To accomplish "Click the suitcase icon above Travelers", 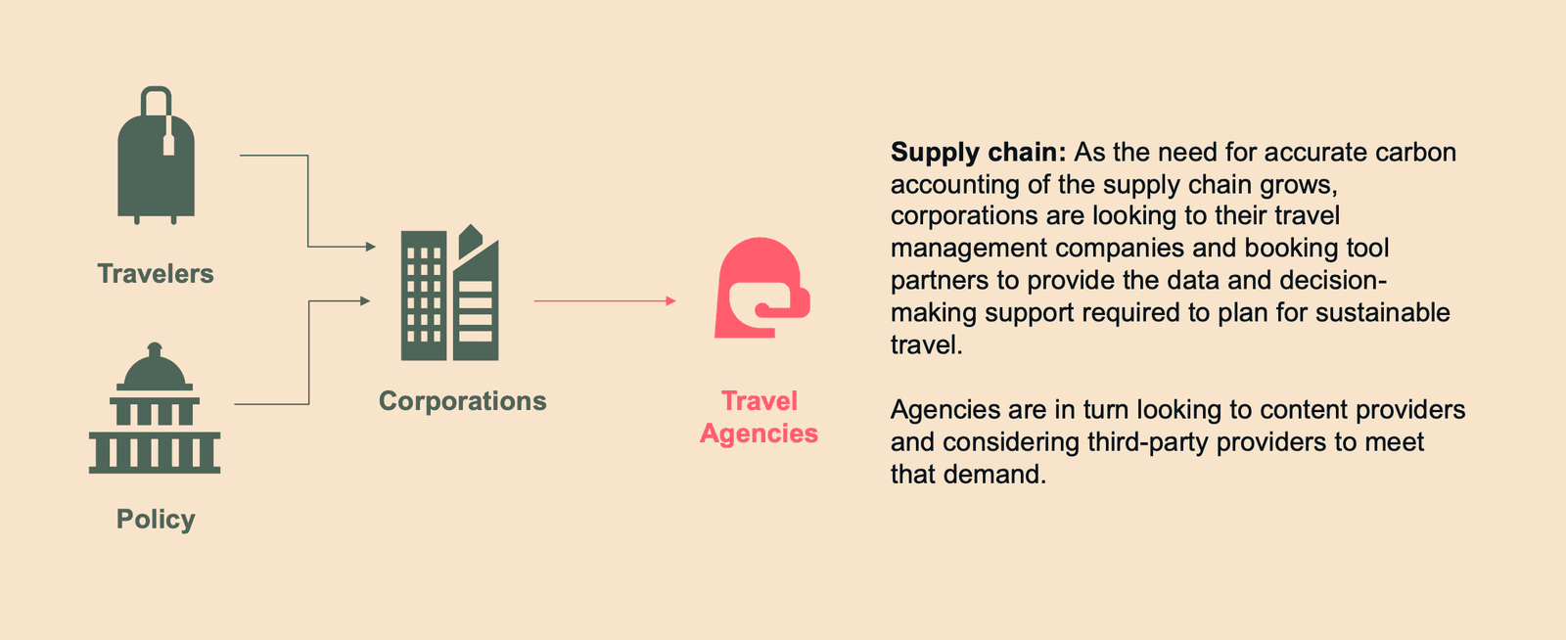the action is [x=156, y=161].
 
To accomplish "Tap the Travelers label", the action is [x=156, y=274].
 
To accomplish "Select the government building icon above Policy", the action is [x=155, y=411].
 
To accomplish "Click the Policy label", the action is [x=156, y=519].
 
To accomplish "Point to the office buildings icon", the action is [x=450, y=294].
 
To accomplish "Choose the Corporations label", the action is [x=462, y=401].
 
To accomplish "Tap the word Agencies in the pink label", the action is [x=759, y=434].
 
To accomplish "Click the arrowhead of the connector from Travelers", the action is [x=371, y=247].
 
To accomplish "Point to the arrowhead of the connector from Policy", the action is [x=366, y=300].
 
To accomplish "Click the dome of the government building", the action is [x=155, y=370].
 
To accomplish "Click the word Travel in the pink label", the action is [x=760, y=401].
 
